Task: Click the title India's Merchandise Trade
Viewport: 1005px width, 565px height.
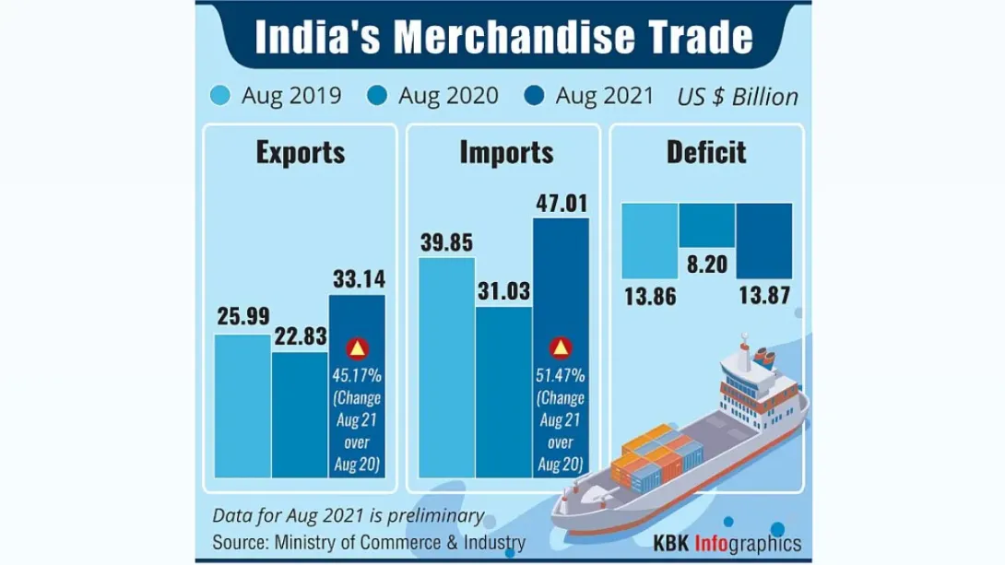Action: click(503, 38)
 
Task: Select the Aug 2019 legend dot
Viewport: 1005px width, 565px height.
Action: click(220, 96)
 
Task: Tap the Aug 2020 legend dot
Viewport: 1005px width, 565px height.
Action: click(377, 96)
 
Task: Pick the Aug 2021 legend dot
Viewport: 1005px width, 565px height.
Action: click(534, 96)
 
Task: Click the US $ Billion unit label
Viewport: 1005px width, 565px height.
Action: click(738, 97)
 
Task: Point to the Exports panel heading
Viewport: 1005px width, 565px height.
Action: click(301, 152)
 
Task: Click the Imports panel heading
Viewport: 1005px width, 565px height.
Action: click(506, 152)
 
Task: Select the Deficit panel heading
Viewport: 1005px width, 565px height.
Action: click(706, 152)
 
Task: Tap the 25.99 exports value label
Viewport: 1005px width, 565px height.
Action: click(243, 316)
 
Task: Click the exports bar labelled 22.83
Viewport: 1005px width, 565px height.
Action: click(300, 415)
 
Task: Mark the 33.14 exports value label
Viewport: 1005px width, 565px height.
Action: click(357, 278)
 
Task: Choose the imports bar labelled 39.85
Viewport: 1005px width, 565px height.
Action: click(447, 369)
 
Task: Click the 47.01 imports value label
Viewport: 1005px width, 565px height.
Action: click(561, 202)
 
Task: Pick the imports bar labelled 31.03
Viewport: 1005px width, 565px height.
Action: click(504, 392)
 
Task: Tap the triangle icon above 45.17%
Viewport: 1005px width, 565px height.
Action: click(357, 349)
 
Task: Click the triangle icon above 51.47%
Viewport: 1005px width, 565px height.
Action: click(561, 349)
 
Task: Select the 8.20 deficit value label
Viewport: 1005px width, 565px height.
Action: click(707, 266)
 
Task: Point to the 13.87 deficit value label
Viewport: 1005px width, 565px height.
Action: click(763, 296)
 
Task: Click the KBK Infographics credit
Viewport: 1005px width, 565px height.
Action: click(727, 543)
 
